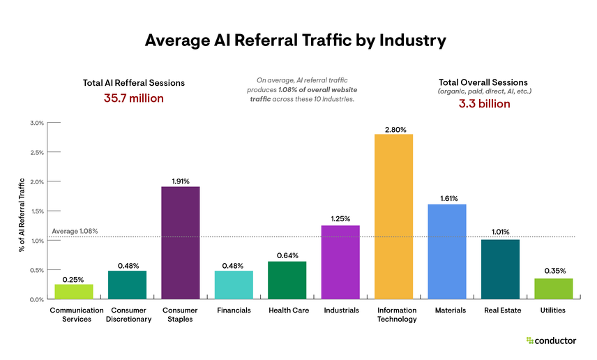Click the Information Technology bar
[x=393, y=216]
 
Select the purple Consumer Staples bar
[x=181, y=243]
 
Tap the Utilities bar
[x=553, y=288]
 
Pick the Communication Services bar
[x=74, y=292]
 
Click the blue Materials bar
[x=446, y=251]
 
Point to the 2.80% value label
[x=393, y=128]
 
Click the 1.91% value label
[x=181, y=181]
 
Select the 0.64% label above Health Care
[x=287, y=256]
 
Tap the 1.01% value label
[x=500, y=232]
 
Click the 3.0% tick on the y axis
[x=36, y=123]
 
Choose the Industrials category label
[x=340, y=310]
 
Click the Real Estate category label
[x=500, y=310]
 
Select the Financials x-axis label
[x=234, y=310]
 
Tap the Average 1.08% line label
[x=75, y=231]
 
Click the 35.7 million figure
[x=134, y=98]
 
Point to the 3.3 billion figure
[x=484, y=104]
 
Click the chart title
[x=295, y=40]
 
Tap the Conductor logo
[x=551, y=340]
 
